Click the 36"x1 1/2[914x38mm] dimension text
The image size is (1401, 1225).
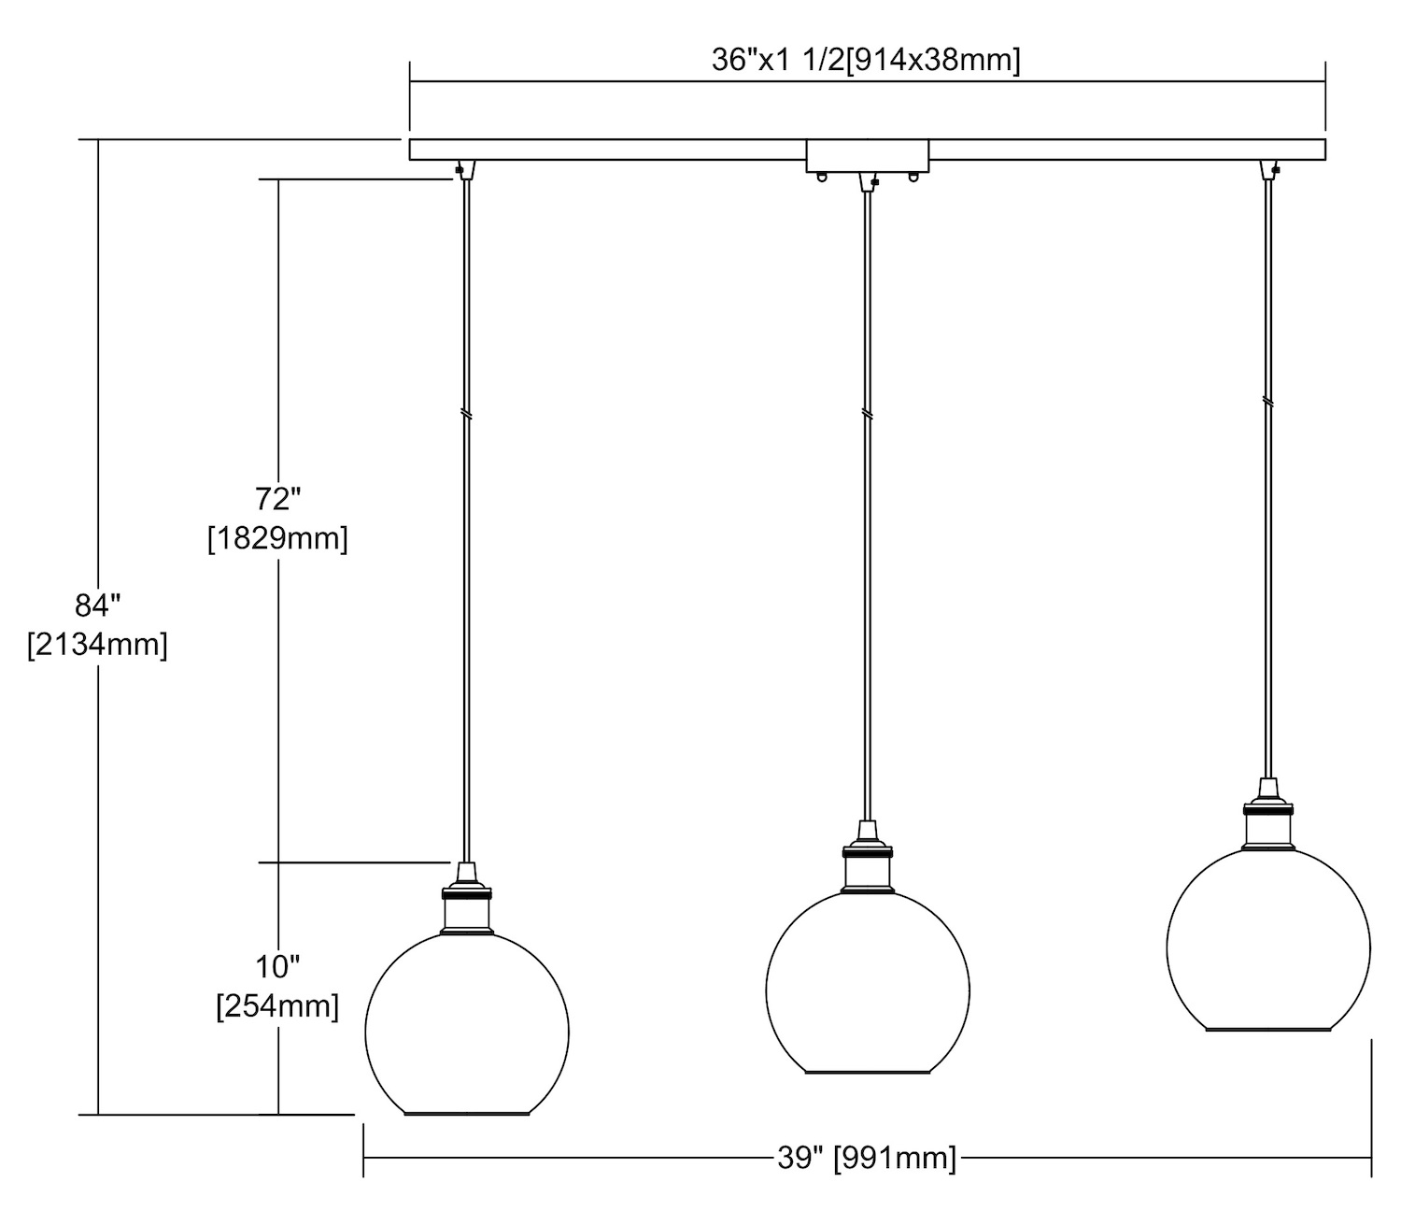tap(866, 61)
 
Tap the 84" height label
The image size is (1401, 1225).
tap(98, 605)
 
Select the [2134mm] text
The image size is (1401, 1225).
tap(97, 645)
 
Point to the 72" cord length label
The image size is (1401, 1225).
tap(278, 499)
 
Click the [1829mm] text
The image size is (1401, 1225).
tap(278, 538)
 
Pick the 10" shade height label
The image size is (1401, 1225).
tap(278, 967)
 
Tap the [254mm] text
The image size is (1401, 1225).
tap(278, 1006)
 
